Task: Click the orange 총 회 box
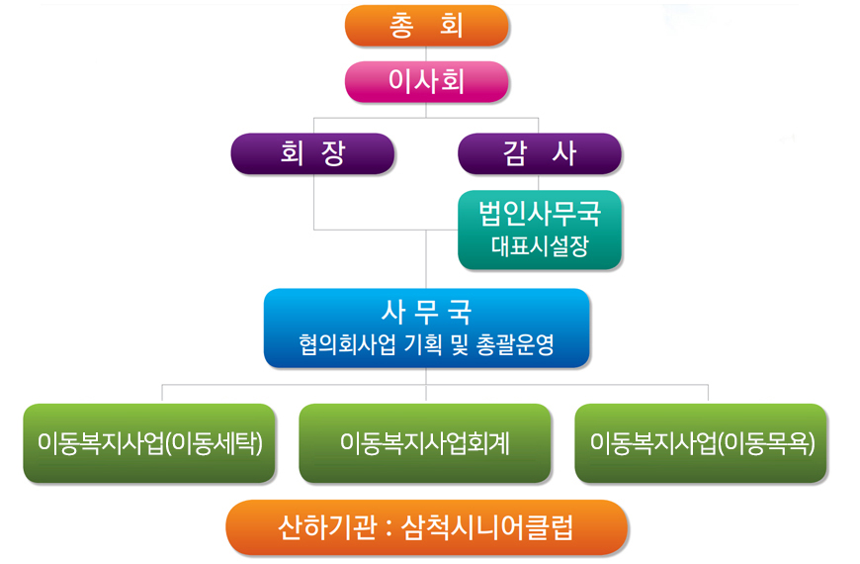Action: click(x=427, y=26)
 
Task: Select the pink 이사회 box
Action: click(x=427, y=81)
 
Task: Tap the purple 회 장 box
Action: click(x=312, y=153)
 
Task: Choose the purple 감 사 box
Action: click(x=540, y=153)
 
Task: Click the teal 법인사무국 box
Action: click(x=540, y=230)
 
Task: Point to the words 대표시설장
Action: click(x=540, y=246)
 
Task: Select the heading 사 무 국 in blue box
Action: click(x=427, y=312)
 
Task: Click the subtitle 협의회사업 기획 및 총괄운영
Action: click(x=427, y=344)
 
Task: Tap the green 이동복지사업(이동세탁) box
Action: click(x=149, y=443)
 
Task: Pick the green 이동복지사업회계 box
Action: click(x=425, y=443)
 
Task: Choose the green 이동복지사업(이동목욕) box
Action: click(x=701, y=443)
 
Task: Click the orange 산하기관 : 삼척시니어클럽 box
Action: click(x=427, y=527)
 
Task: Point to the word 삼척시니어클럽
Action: click(x=487, y=527)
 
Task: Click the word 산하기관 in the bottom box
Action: click(x=328, y=527)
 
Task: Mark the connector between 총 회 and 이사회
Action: click(x=426, y=53)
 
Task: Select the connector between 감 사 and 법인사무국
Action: click(x=538, y=182)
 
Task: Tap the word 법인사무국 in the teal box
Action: click(x=540, y=214)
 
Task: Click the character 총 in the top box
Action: click(x=401, y=26)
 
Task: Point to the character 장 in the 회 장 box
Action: click(x=333, y=153)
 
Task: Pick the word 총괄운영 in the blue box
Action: click(x=515, y=344)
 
